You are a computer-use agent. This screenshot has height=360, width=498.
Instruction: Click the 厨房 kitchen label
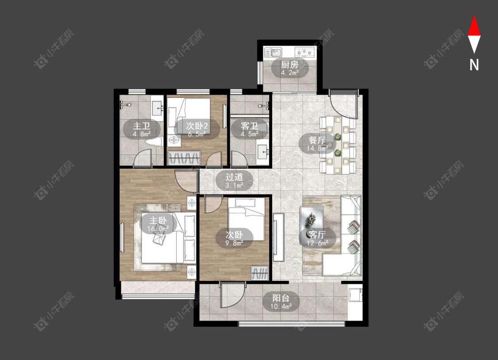[x=290, y=65]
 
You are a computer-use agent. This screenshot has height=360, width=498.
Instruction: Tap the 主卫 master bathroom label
[x=142, y=126]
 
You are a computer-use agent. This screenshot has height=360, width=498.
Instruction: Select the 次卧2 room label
[x=197, y=125]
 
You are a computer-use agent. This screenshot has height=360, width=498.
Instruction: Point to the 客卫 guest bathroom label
[x=249, y=126]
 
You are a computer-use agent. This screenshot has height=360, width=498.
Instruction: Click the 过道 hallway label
[x=234, y=177]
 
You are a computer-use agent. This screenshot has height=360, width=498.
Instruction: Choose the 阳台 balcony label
[x=281, y=298]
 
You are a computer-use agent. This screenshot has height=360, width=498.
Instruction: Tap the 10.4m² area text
[x=281, y=306]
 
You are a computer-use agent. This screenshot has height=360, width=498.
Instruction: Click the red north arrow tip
[x=474, y=15]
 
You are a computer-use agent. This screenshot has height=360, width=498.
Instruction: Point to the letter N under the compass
[x=474, y=65]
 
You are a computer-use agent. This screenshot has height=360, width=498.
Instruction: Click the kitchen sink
[x=273, y=52]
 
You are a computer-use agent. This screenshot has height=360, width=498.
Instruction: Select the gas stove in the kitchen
[x=305, y=51]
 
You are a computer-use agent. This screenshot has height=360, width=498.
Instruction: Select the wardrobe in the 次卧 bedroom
[x=260, y=273]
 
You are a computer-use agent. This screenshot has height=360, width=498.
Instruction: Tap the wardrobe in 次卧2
[x=184, y=158]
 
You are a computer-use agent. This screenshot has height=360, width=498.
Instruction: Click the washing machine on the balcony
[x=355, y=294]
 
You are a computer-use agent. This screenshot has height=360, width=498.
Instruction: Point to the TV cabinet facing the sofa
[x=278, y=237]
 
